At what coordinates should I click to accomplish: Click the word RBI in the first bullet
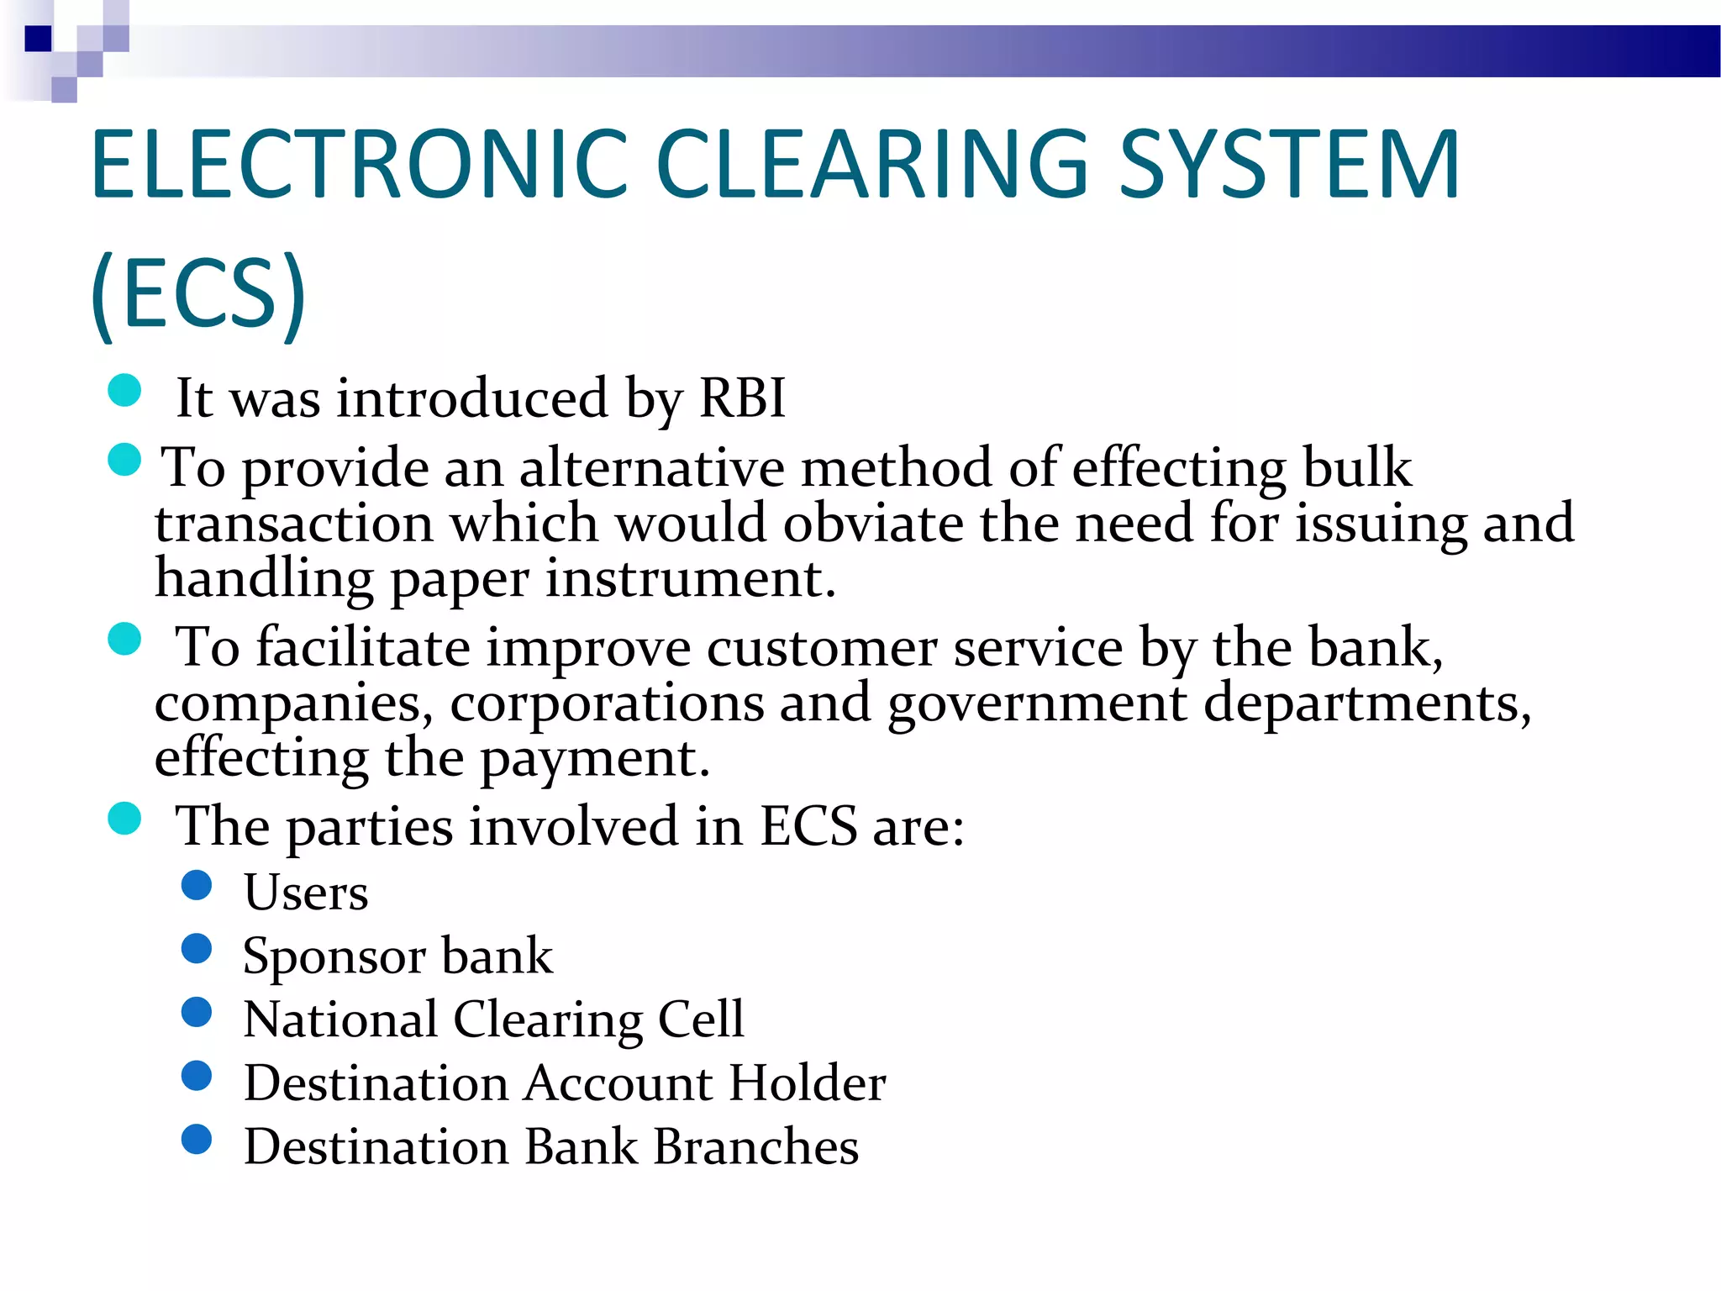[x=742, y=398]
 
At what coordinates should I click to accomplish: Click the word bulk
[x=1356, y=467]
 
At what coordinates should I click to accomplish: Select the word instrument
[x=690, y=579]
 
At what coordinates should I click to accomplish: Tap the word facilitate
[x=363, y=647]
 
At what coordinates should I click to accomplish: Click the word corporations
[x=607, y=703]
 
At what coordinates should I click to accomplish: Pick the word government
[x=1037, y=704]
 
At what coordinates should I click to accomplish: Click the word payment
[x=594, y=758]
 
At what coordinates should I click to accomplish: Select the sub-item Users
[x=306, y=893]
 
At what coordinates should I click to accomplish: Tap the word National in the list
[x=340, y=1020]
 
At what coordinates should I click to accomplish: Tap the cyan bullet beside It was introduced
[x=124, y=390]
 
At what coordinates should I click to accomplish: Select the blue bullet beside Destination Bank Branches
[x=197, y=1139]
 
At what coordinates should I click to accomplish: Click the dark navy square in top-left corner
[x=38, y=39]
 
